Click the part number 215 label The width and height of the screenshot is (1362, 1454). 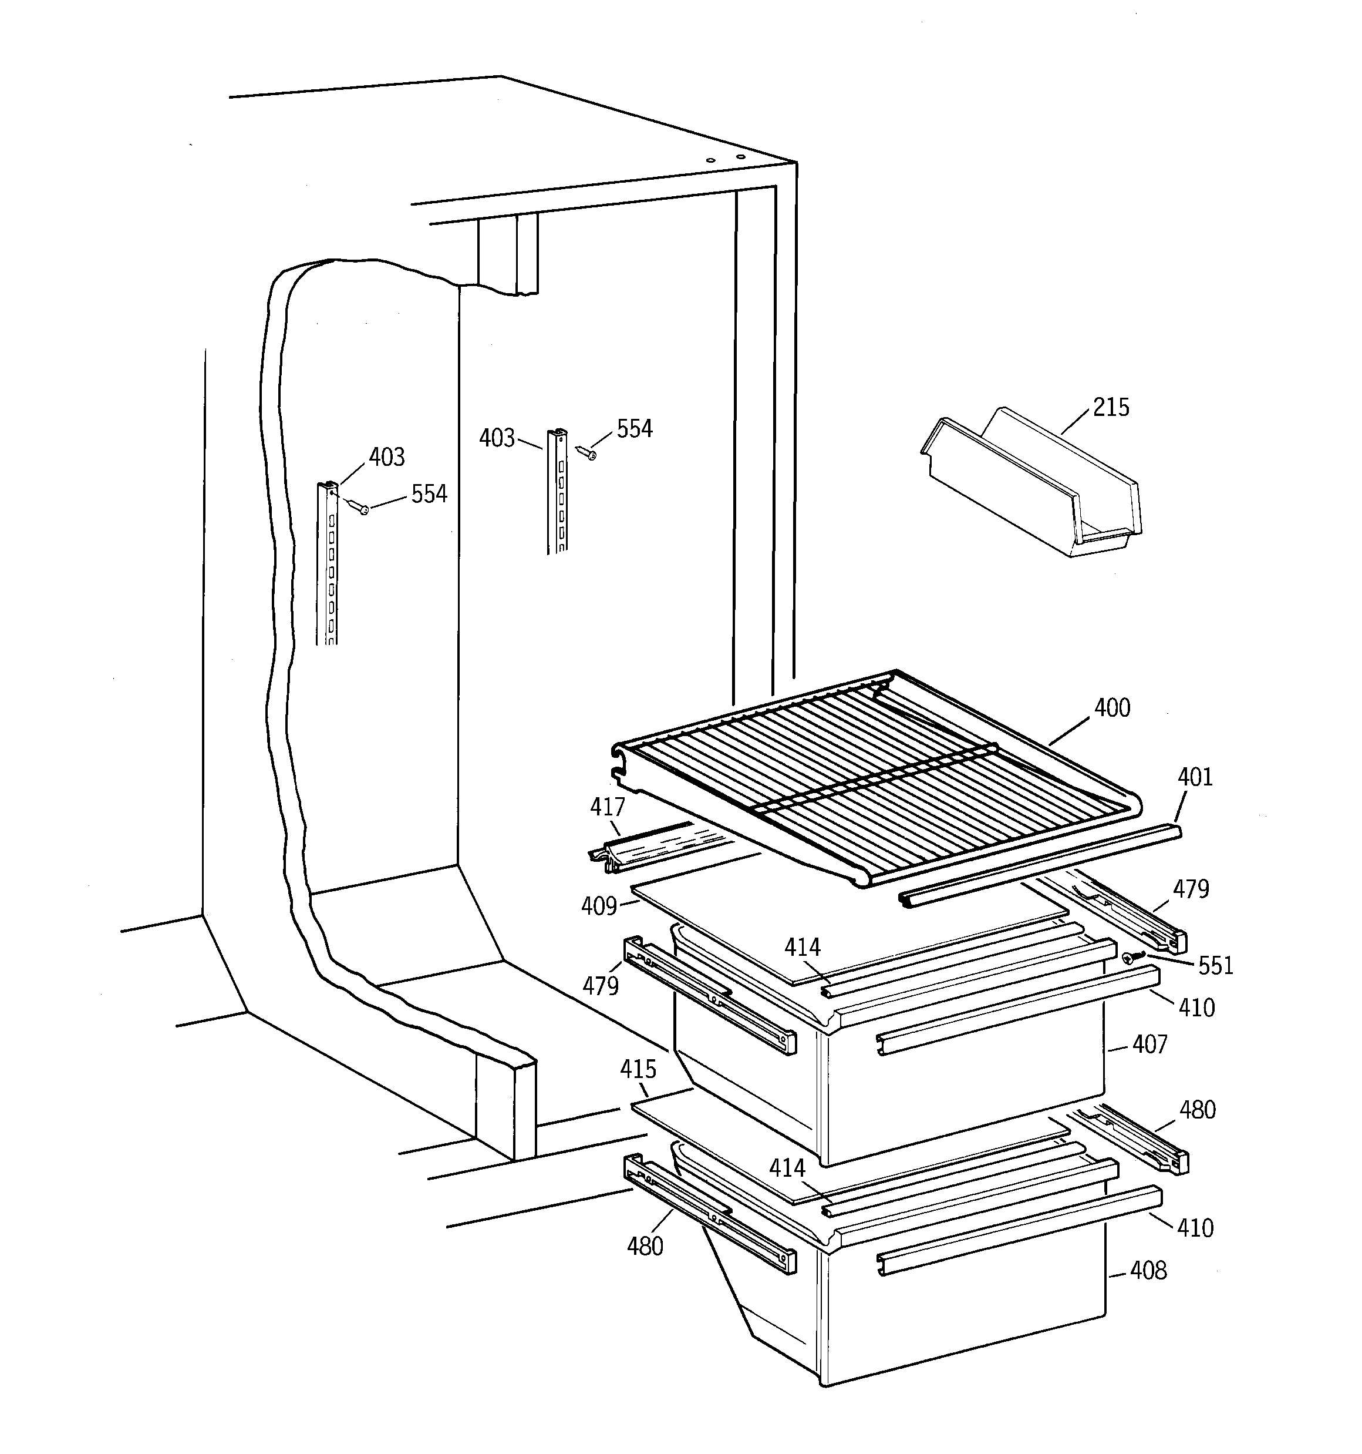[1111, 407]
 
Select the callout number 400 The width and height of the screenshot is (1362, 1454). [1112, 708]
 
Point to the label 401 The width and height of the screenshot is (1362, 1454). [1195, 777]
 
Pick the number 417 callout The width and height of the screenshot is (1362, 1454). [608, 807]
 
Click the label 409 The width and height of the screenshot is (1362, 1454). [599, 906]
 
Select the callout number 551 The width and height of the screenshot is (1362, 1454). [1216, 966]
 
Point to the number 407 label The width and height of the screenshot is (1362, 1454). [1150, 1045]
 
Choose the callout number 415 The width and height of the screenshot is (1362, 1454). [638, 1069]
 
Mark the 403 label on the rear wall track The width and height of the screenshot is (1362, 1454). [497, 438]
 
